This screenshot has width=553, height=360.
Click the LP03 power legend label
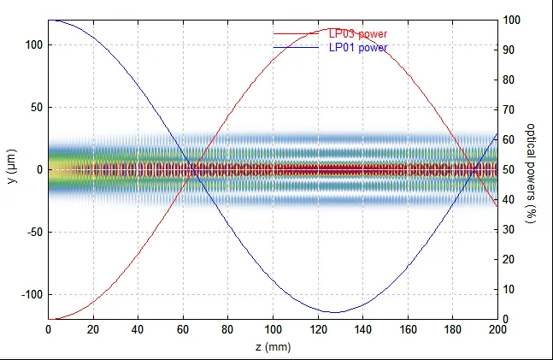coord(357,34)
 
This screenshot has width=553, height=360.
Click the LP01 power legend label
coord(357,48)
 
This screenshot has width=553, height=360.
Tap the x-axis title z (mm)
coord(273,347)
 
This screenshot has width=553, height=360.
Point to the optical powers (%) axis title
coord(531,169)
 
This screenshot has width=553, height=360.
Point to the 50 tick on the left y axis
coord(36,108)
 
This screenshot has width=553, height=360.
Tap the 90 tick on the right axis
coord(509,50)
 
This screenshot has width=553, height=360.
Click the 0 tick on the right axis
coord(507,319)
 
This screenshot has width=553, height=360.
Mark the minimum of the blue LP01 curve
coord(332,312)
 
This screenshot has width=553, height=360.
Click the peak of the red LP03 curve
coord(332,27)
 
